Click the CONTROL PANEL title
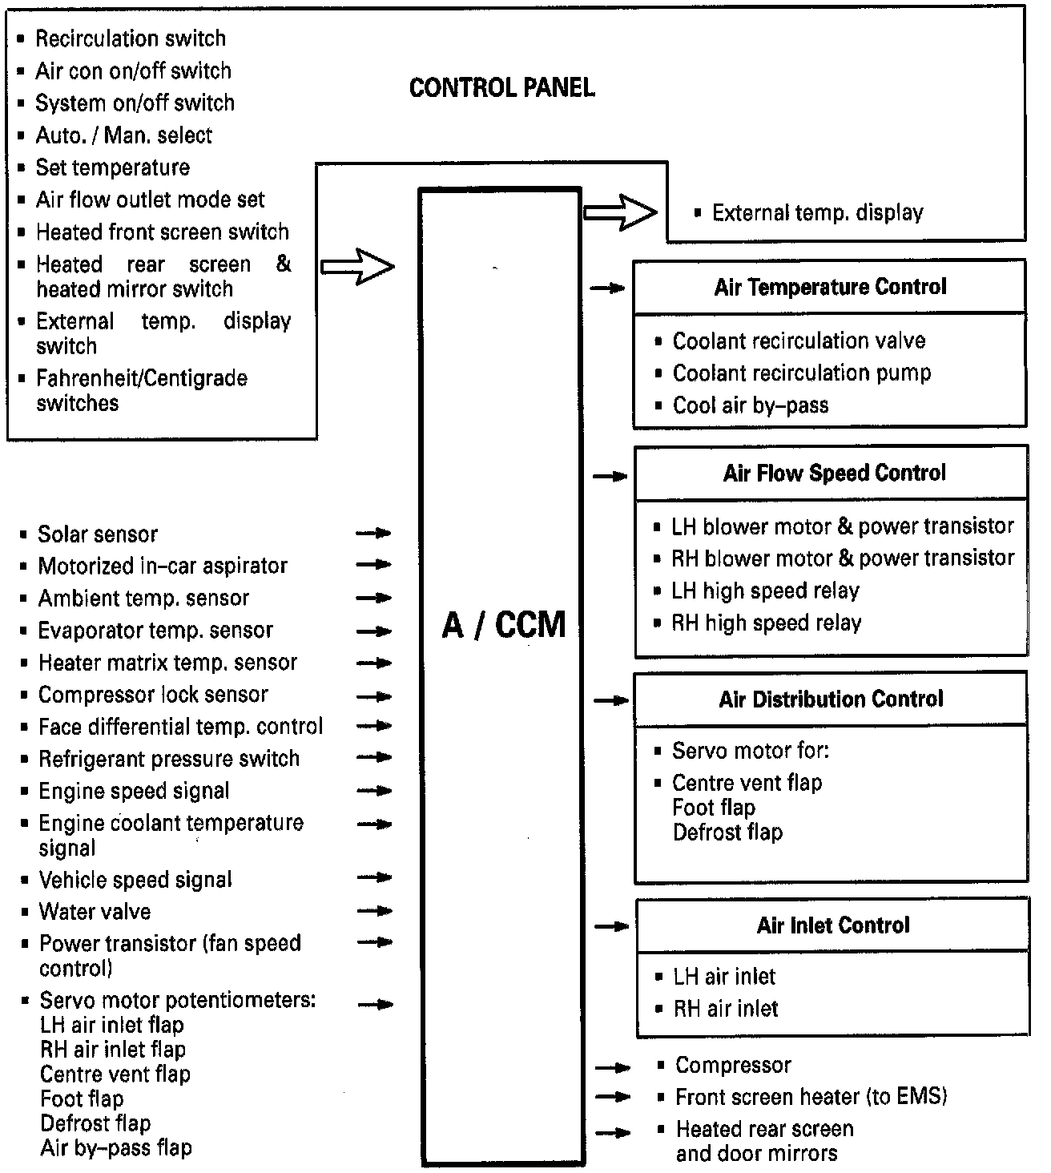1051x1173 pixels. pyautogui.click(x=501, y=88)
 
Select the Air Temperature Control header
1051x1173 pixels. pyautogui.click(x=830, y=287)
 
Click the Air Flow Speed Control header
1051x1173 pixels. pyautogui.click(x=834, y=473)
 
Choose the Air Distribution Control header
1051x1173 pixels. pyautogui.click(x=831, y=699)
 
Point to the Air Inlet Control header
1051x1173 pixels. pyautogui.click(x=833, y=925)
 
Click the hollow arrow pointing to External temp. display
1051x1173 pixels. pyautogui.click(x=620, y=213)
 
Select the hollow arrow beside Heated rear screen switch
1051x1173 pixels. pyautogui.click(x=357, y=266)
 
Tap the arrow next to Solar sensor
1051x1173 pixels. pyautogui.click(x=374, y=533)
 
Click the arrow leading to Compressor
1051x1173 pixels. pyautogui.click(x=614, y=1067)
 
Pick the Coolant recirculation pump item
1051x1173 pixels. pyautogui.click(x=801, y=373)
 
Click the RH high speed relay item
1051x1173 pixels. pyautogui.click(x=766, y=623)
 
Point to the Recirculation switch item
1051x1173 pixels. pyautogui.click(x=131, y=38)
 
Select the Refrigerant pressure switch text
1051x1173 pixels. pyautogui.click(x=169, y=759)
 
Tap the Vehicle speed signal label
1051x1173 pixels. pyautogui.click(x=135, y=880)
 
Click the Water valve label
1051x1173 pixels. pyautogui.click(x=95, y=912)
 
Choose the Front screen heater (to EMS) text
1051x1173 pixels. pyautogui.click(x=811, y=1097)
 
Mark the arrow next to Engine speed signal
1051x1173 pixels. pyautogui.click(x=374, y=792)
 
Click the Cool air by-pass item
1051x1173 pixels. pyautogui.click(x=750, y=405)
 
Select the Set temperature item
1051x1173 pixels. pyautogui.click(x=113, y=167)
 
